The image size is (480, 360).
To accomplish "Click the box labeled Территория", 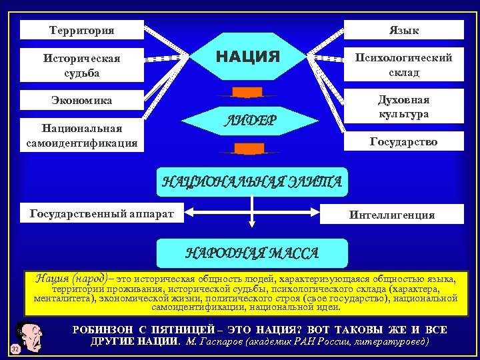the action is point(82,30).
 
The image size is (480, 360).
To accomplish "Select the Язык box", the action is point(403,30).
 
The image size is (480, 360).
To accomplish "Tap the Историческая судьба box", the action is point(82,65).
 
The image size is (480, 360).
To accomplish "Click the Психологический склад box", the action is point(403,65).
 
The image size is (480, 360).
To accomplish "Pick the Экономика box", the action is point(82,100).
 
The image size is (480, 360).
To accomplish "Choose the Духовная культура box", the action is point(403,107).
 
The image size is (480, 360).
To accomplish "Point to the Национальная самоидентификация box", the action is point(82,135).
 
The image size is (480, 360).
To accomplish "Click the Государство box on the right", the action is point(403,141).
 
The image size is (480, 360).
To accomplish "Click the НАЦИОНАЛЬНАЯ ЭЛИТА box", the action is point(252,181).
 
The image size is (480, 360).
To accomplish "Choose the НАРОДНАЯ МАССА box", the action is point(252,253).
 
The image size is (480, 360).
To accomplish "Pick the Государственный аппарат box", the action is point(101,213).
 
